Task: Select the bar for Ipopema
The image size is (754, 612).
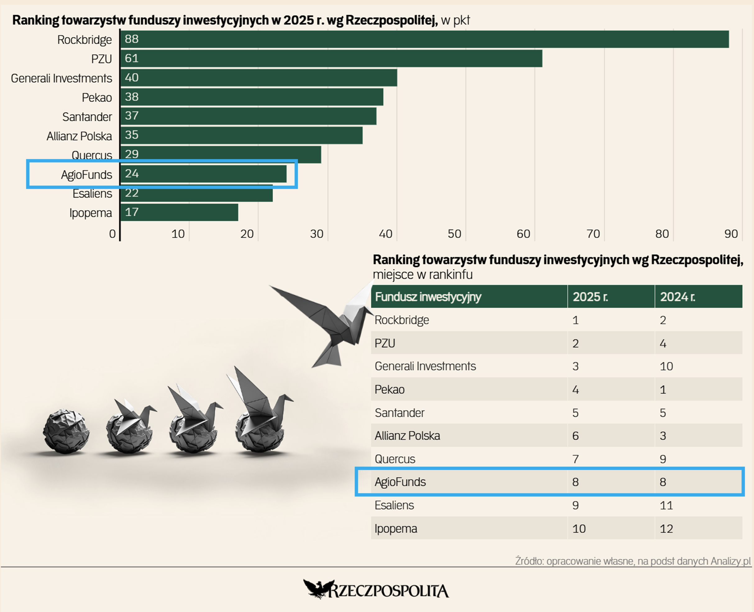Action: point(179,212)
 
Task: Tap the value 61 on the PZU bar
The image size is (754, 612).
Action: point(132,58)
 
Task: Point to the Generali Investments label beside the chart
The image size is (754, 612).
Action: point(61,78)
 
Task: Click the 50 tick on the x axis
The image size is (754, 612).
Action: point(454,234)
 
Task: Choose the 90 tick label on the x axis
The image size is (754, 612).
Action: point(731,234)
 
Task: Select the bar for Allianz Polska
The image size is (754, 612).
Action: point(241,135)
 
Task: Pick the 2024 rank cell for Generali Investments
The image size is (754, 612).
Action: point(666,366)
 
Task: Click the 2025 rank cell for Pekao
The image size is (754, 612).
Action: point(575,390)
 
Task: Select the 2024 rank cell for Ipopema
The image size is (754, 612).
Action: point(666,528)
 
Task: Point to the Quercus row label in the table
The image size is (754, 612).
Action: point(395,459)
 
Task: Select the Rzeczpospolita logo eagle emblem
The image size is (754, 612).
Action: point(317,589)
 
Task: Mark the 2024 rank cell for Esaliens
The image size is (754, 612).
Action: point(666,506)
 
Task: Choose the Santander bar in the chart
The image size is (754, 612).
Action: point(248,116)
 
